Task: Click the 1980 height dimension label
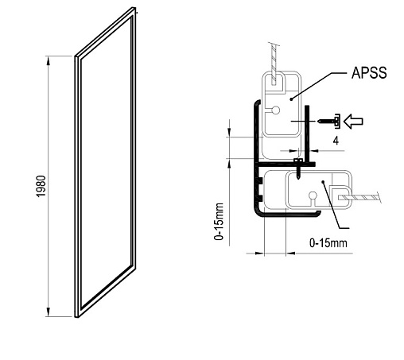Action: pyautogui.click(x=41, y=186)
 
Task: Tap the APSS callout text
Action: pyautogui.click(x=369, y=72)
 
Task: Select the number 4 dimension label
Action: pyautogui.click(x=336, y=141)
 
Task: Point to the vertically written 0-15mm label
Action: pyautogui.click(x=219, y=222)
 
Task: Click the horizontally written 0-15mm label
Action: pyautogui.click(x=328, y=242)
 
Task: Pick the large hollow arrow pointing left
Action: pyautogui.click(x=353, y=122)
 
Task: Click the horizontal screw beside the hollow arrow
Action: pyautogui.click(x=329, y=122)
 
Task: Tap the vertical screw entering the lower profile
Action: pyautogui.click(x=298, y=168)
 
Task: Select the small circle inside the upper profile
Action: pyautogui.click(x=276, y=110)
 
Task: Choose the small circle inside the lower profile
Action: pyautogui.click(x=313, y=195)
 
